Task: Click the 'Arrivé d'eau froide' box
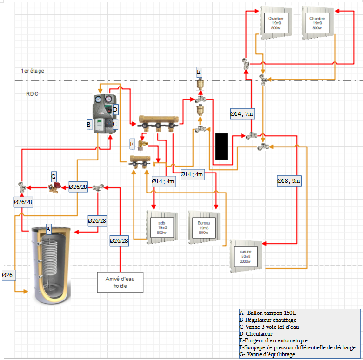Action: pos(120,282)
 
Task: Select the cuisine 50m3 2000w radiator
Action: pos(246,256)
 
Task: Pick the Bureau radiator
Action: pos(203,227)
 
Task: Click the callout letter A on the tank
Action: pos(48,229)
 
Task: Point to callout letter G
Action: pos(54,177)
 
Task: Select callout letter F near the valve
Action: pos(132,144)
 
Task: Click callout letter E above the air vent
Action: pos(199,72)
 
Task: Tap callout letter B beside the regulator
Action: pos(88,125)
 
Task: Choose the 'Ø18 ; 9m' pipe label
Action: pos(289,180)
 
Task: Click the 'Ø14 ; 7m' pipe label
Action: pos(242,113)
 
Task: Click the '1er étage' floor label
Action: pos(32,71)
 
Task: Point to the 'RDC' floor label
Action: pos(32,94)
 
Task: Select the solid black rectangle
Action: pos(222,147)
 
